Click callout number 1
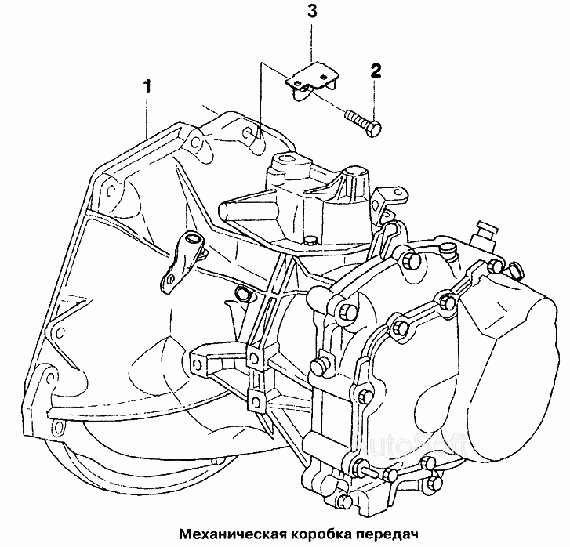coord(147,87)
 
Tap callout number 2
coord(376,71)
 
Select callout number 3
coord(312,11)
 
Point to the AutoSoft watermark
coord(410,445)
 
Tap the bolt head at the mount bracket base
coord(310,241)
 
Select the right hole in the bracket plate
coord(323,77)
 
